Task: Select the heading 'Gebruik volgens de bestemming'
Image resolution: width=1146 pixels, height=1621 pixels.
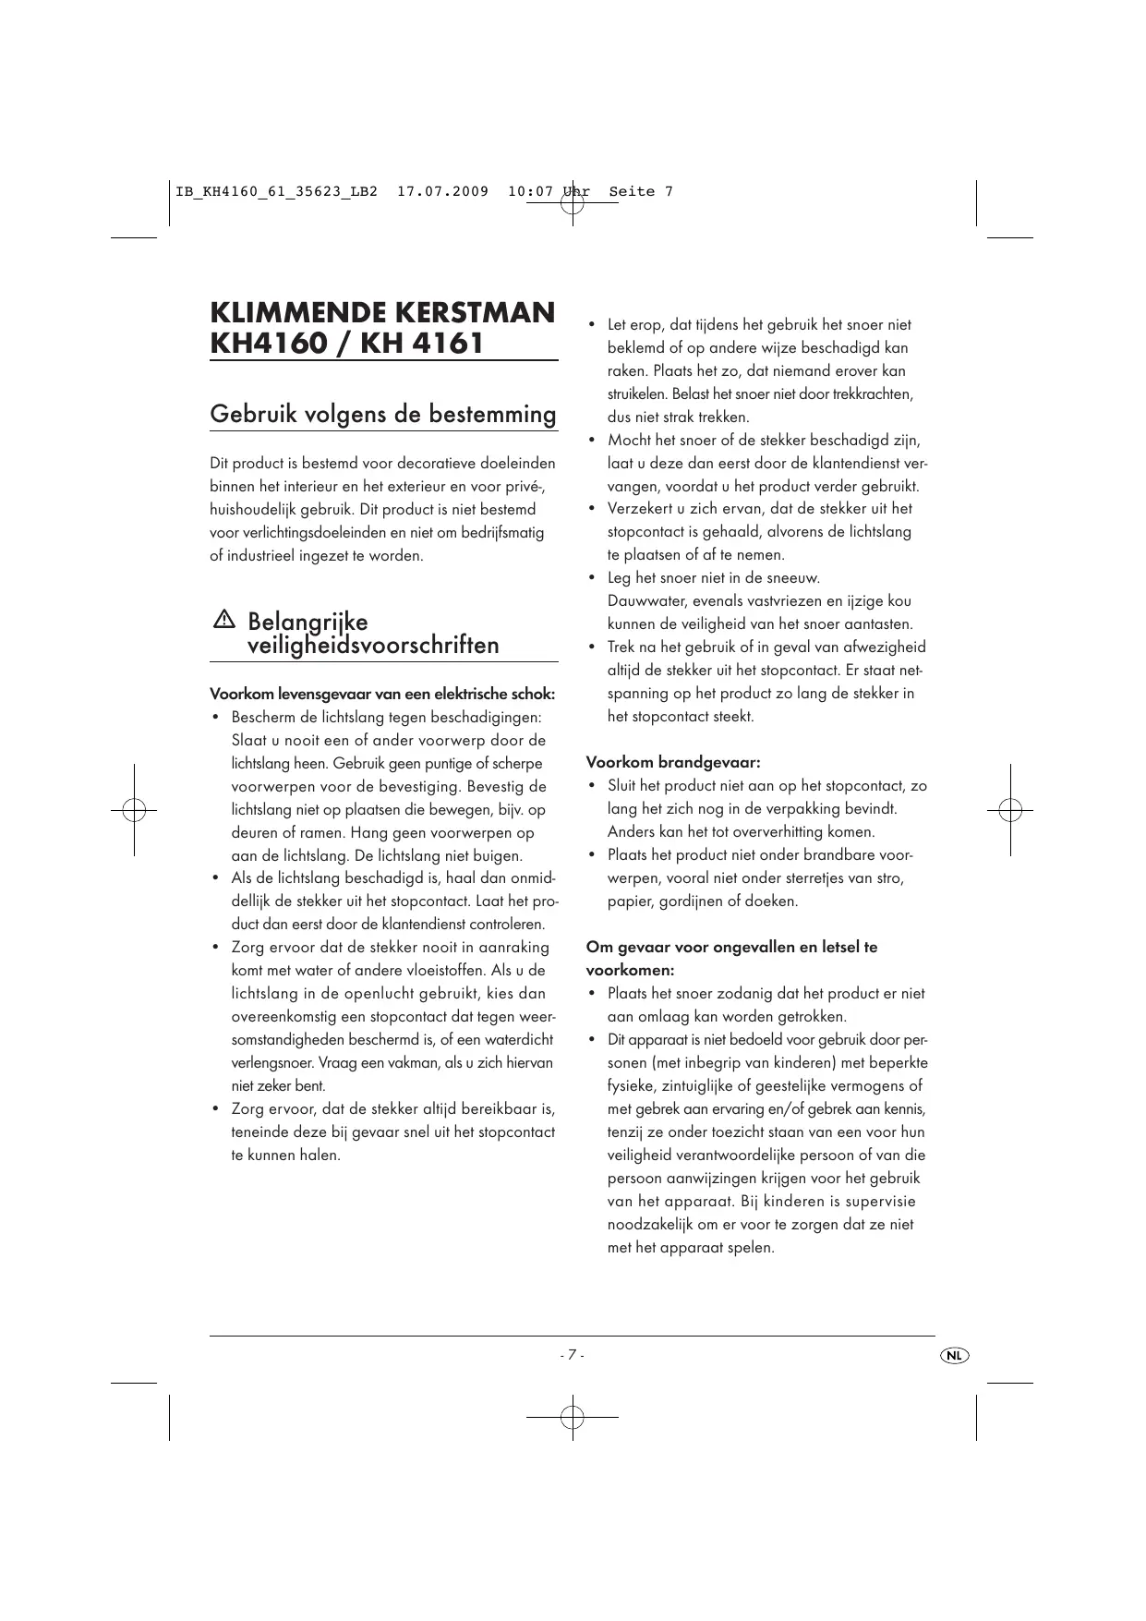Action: [383, 414]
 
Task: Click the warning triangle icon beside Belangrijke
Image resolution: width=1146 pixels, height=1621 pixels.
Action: [223, 620]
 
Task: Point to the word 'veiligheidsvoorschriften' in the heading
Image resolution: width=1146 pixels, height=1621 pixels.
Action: [373, 645]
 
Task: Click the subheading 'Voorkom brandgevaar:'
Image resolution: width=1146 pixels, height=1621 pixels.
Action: [673, 763]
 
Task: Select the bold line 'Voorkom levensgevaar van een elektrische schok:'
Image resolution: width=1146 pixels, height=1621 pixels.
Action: [383, 694]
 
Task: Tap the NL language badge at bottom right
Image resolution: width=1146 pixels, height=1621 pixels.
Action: [954, 1355]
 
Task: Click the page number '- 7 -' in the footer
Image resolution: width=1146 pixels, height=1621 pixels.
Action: [572, 1355]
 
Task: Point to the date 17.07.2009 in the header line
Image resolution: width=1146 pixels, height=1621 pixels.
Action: [442, 192]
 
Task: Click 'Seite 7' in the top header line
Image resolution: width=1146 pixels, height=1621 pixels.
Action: [641, 192]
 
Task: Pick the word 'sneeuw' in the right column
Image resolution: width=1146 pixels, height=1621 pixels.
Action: [788, 578]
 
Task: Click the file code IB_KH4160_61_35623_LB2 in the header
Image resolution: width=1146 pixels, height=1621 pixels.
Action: [276, 192]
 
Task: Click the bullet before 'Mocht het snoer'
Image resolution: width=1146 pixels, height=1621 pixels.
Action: [591, 441]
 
